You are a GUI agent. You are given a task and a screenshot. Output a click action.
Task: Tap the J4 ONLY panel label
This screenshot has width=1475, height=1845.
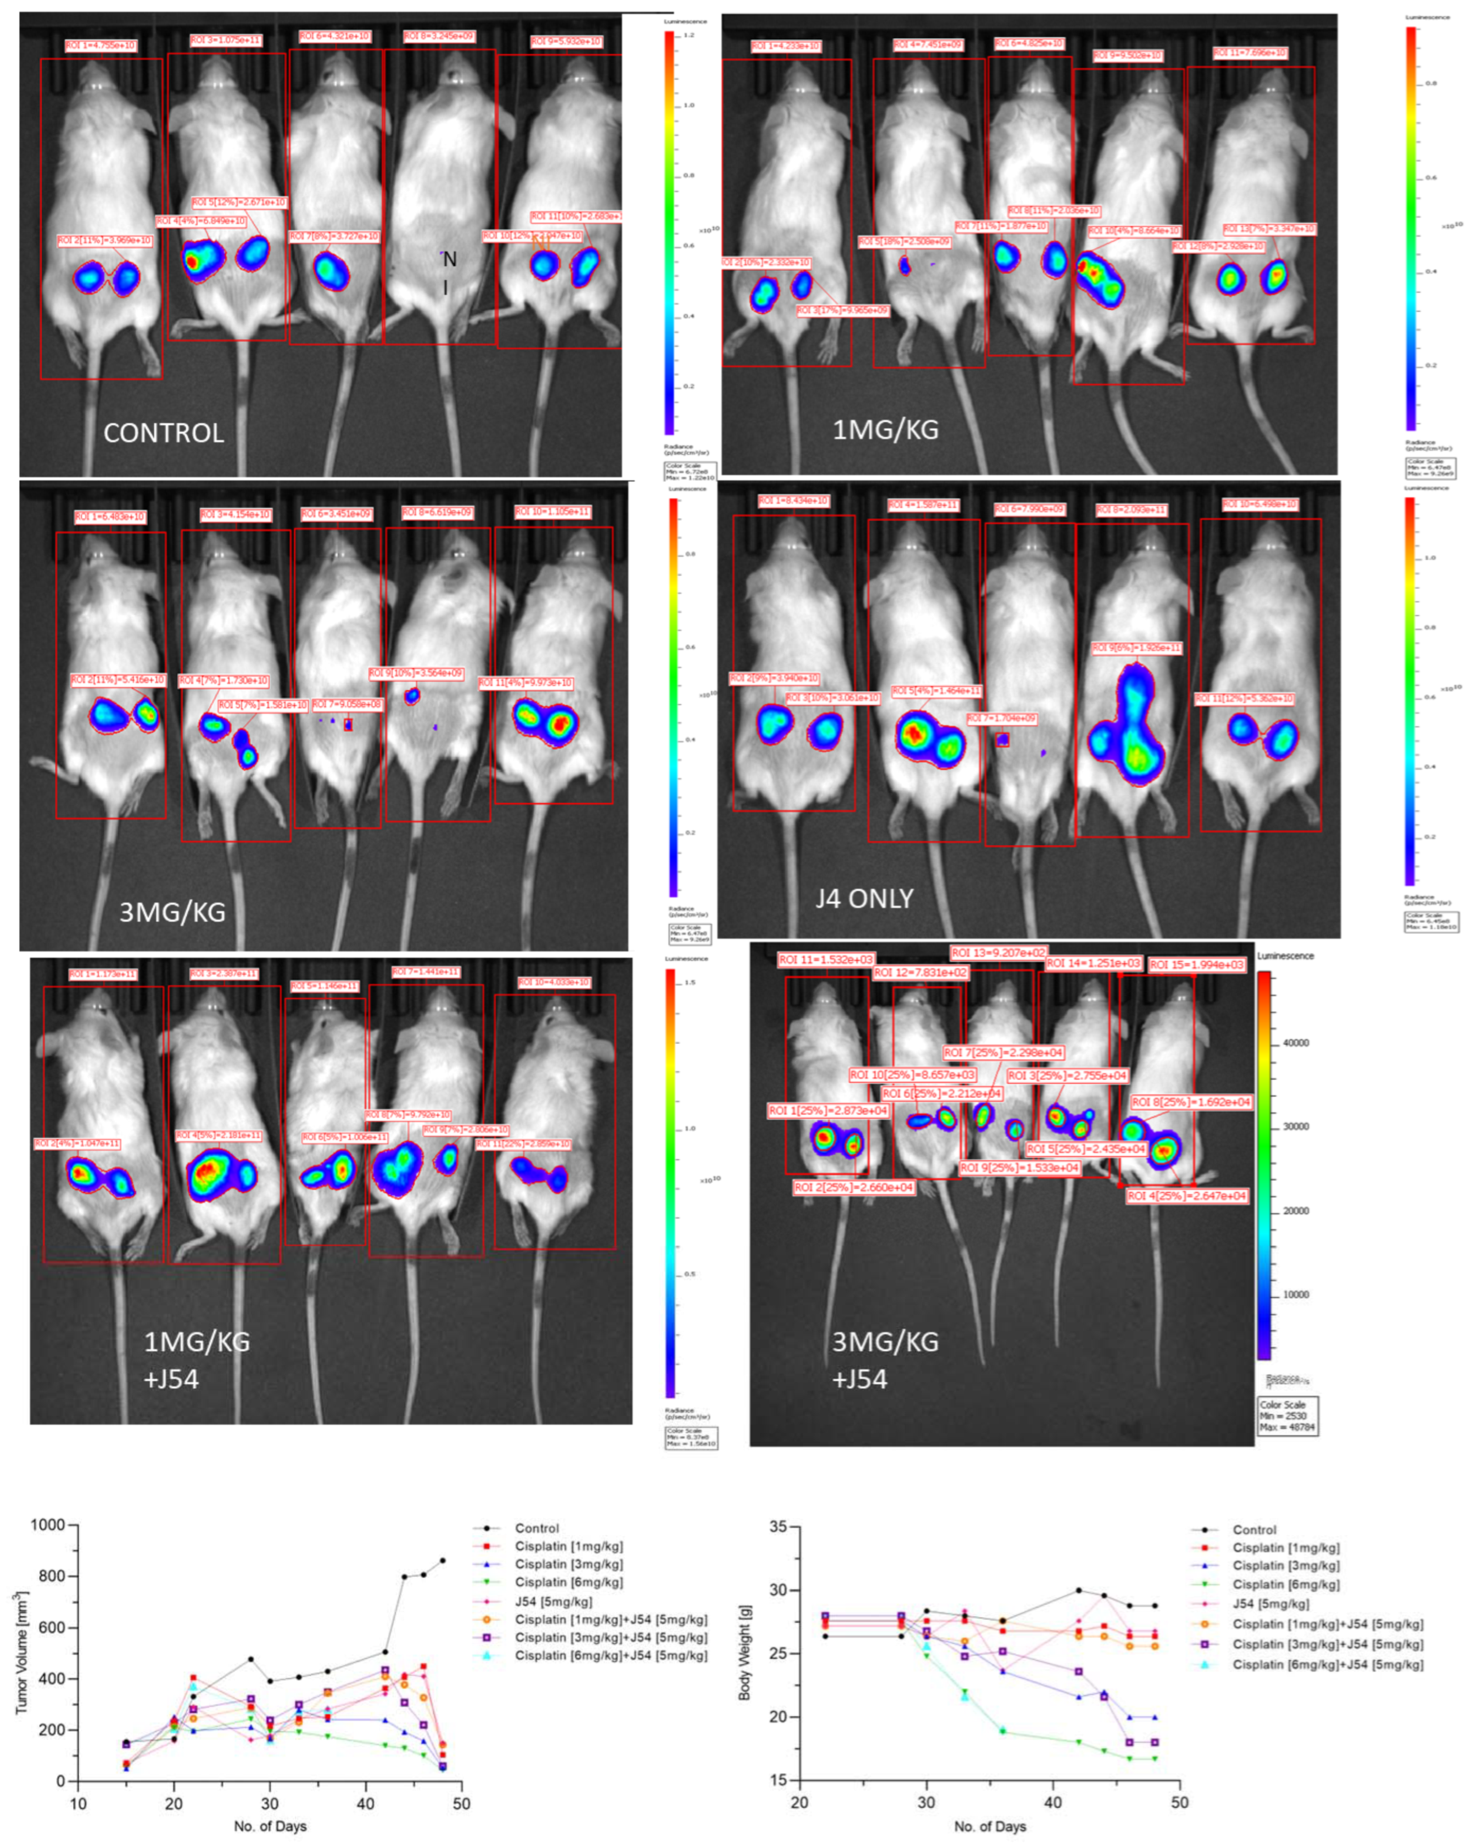(864, 899)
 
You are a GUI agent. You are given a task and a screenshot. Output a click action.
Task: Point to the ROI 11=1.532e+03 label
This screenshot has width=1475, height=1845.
(826, 960)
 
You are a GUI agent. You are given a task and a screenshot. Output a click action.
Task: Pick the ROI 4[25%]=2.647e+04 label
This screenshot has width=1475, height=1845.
(1187, 1195)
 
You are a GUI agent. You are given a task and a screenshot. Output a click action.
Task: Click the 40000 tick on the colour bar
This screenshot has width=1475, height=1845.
(1296, 1043)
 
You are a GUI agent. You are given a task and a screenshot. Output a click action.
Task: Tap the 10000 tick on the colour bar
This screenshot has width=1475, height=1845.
(1296, 1295)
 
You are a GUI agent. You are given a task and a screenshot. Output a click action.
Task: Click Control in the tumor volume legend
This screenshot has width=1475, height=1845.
(536, 1528)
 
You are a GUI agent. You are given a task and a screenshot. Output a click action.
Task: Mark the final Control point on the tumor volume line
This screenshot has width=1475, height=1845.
(442, 1560)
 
